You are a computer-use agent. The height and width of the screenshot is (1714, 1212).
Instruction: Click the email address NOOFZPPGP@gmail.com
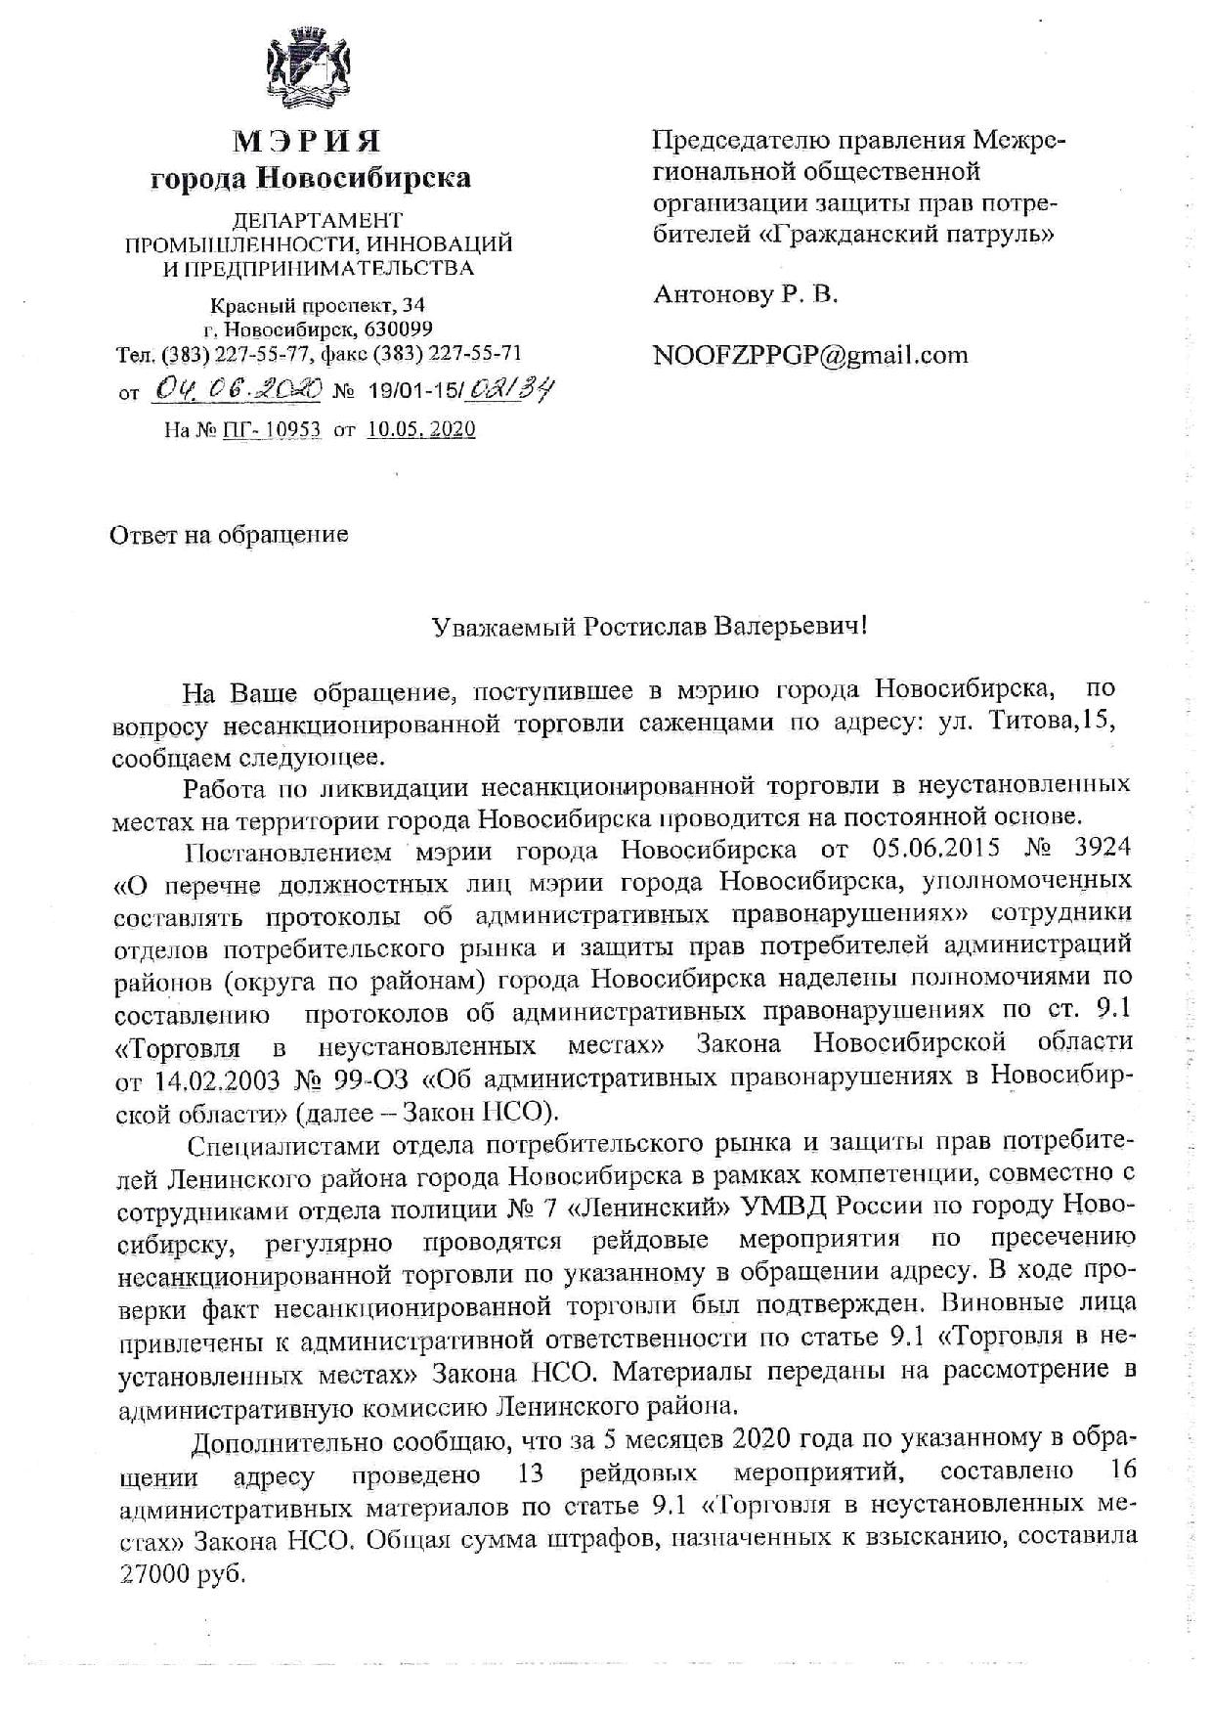coord(810,354)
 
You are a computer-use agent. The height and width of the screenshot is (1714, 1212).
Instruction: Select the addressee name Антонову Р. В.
coord(745,293)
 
